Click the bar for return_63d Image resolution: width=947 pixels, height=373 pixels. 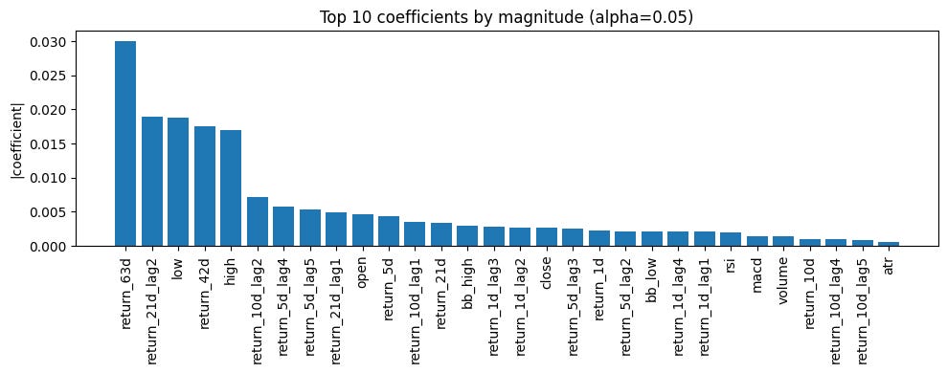point(125,143)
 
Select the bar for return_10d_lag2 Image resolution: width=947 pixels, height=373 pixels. point(258,222)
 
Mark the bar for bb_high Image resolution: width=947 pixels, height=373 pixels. point(468,236)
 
